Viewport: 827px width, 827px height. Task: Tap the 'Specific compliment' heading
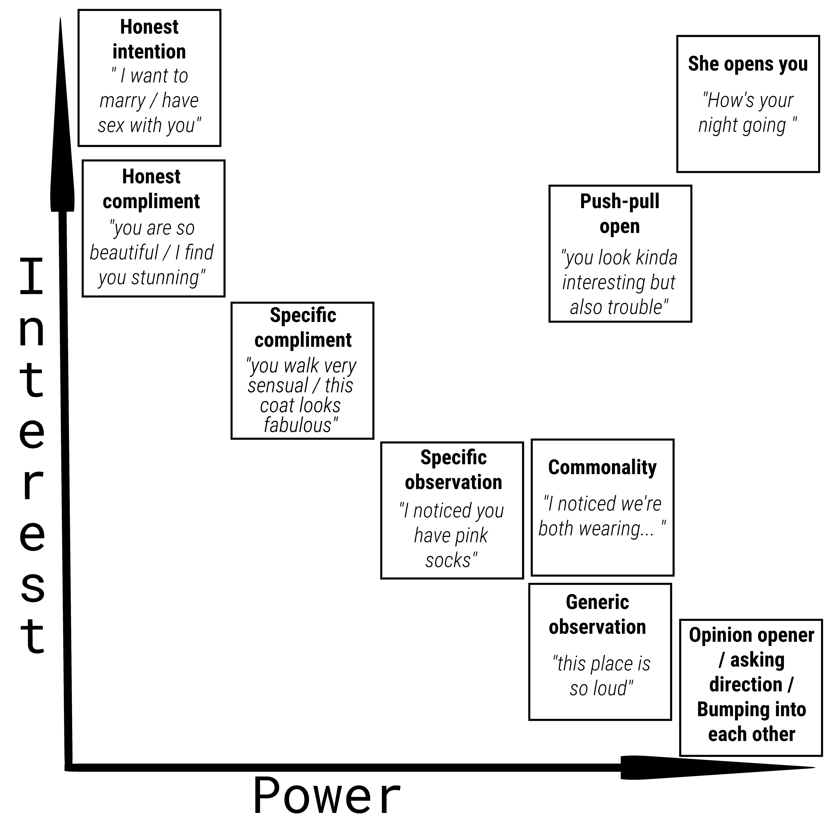pos(303,327)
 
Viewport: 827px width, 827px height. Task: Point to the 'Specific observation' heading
pos(453,469)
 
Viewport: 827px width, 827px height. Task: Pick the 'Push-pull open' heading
pos(619,214)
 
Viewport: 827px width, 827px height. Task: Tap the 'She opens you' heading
pos(748,64)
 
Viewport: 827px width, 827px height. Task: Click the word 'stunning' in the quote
pos(165,277)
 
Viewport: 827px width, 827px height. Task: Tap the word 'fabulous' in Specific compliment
pos(297,425)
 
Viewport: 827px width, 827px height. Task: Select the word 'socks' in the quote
pos(448,560)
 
